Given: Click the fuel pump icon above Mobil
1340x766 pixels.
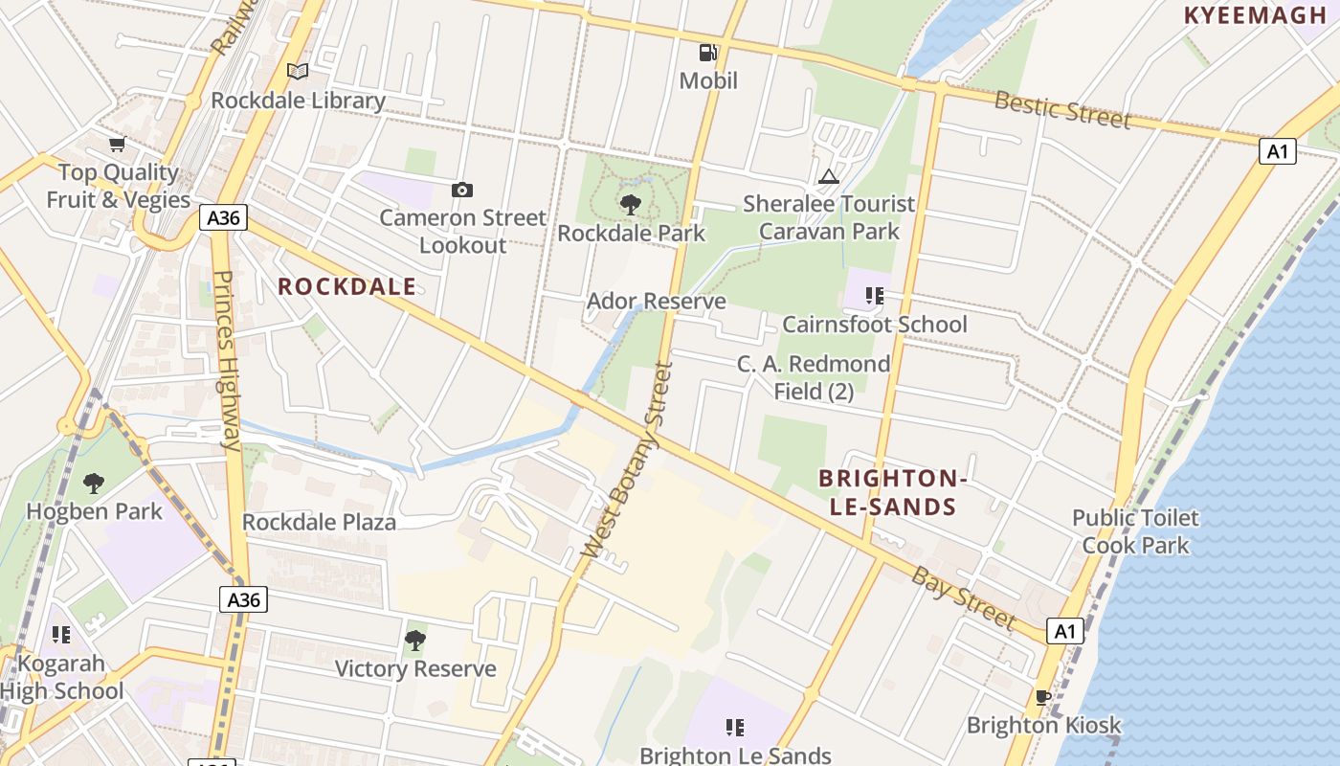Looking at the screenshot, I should click(x=708, y=54).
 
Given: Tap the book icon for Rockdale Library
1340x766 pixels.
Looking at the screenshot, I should click(x=298, y=72).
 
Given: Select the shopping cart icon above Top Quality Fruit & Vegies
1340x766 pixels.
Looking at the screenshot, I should click(x=117, y=145).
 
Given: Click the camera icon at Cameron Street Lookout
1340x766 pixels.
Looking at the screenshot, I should click(x=462, y=190).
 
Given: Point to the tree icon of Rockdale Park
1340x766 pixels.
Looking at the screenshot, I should click(x=630, y=204).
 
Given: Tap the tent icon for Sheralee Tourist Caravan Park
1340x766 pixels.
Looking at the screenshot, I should click(x=829, y=176).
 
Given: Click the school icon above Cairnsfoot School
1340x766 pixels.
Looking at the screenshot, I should click(x=874, y=296).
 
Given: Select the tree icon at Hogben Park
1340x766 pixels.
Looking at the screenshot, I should click(x=94, y=483).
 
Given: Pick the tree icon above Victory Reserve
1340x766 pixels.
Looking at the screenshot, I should click(x=415, y=640).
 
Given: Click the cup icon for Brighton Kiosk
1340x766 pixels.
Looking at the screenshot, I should click(x=1043, y=697).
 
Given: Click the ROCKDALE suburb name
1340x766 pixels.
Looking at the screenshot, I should click(x=346, y=286).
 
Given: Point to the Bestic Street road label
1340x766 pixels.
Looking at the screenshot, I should click(x=1062, y=109).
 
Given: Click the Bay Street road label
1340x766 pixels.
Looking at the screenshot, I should click(x=962, y=597).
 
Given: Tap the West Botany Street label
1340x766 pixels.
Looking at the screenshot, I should click(x=628, y=460).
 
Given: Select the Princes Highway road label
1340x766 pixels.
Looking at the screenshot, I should click(x=226, y=360).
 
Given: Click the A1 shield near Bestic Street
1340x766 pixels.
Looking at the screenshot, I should click(x=1277, y=151).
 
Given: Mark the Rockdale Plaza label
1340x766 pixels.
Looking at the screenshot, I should click(x=319, y=522).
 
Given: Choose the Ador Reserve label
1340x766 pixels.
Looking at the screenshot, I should click(x=656, y=302).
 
